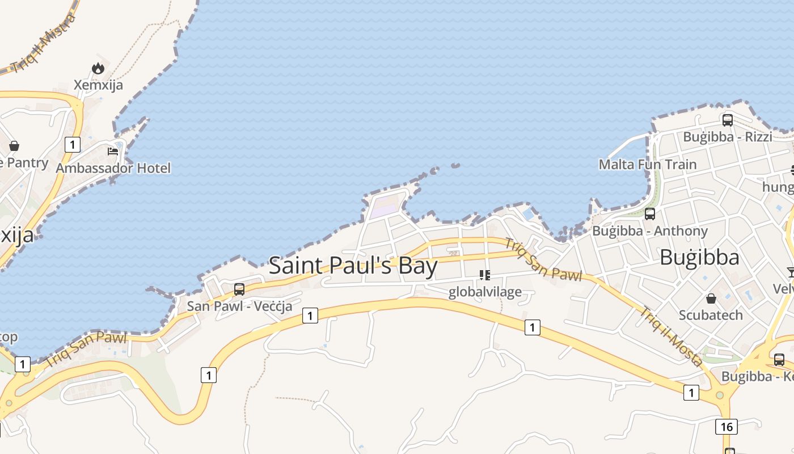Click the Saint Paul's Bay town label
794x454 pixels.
pos(353,266)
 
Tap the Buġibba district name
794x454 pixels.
pos(699,258)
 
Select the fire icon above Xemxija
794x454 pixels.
pos(98,69)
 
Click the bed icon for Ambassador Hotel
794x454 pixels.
pos(113,152)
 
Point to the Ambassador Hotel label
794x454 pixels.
pos(113,168)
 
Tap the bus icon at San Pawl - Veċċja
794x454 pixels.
pos(239,289)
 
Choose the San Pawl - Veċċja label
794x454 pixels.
pos(240,306)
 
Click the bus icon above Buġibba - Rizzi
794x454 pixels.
pos(727,120)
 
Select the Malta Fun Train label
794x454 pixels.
pos(648,165)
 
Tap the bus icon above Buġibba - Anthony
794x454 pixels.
pos(650,214)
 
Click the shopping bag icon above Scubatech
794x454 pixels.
pos(711,299)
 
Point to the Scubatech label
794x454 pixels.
pos(711,315)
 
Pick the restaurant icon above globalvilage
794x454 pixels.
pos(484,276)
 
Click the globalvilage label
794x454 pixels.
pos(484,292)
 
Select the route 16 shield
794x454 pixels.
pos(727,426)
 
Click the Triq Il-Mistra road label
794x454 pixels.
pos(43,44)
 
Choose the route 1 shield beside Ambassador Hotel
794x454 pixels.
pos(72,144)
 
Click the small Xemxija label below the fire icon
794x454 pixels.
pos(98,85)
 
